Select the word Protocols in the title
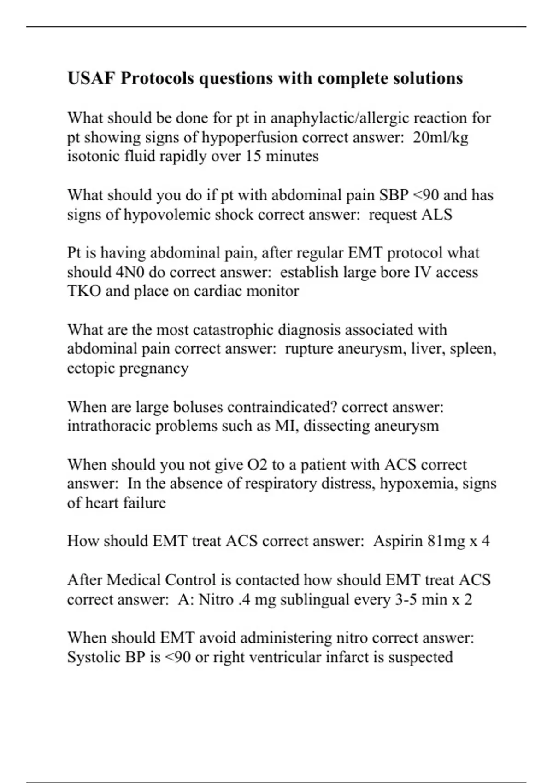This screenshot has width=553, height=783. point(157,78)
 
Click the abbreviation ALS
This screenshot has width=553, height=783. point(437,215)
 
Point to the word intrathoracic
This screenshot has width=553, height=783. point(109,426)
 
